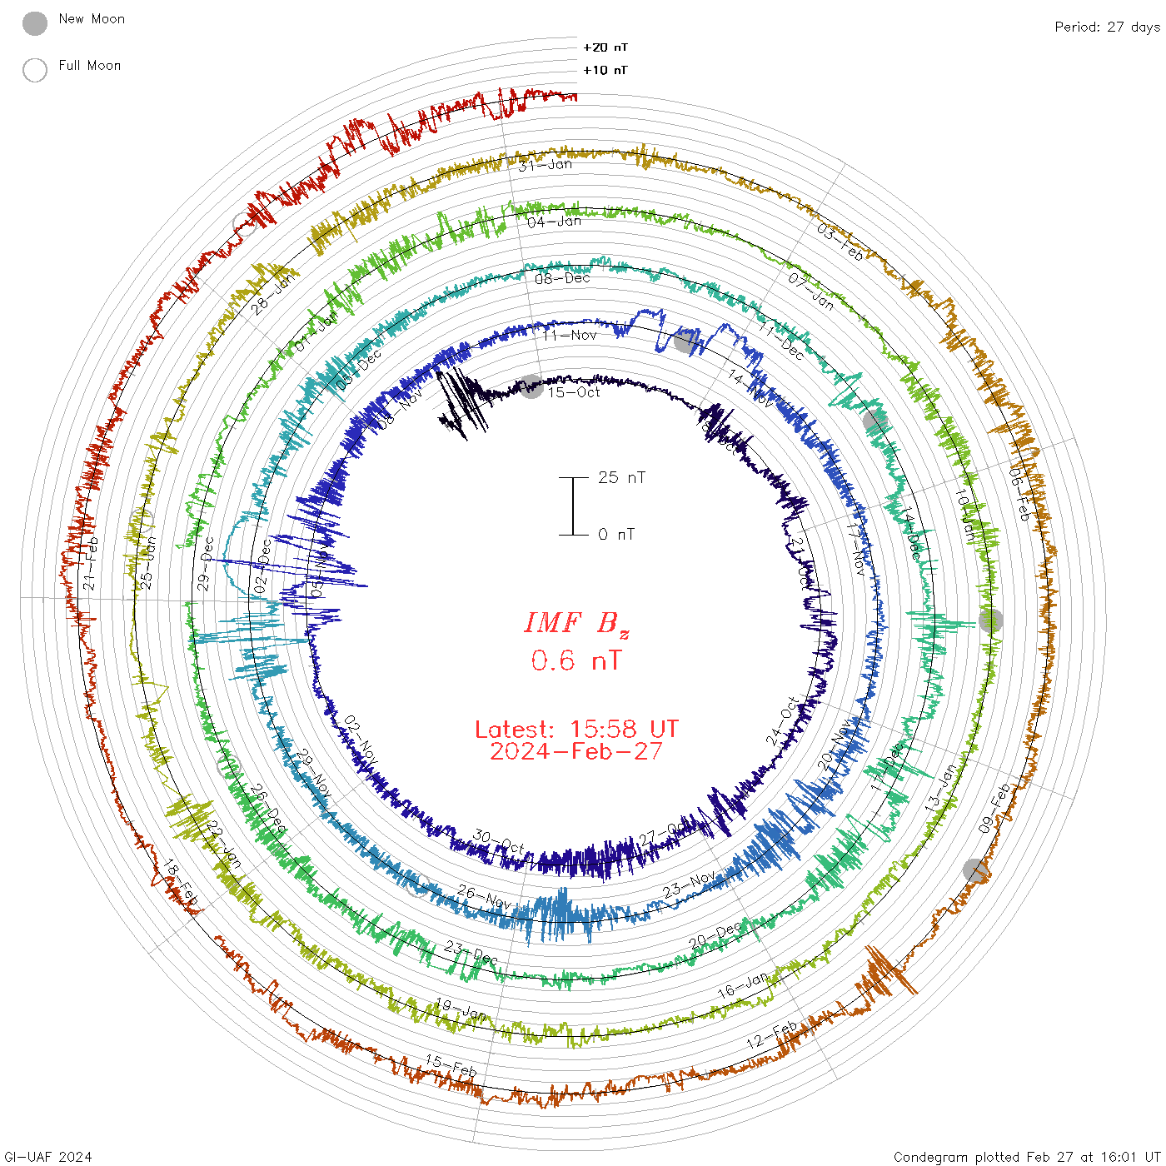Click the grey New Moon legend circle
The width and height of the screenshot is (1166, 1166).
(x=35, y=23)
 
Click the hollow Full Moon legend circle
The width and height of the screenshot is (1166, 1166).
(x=35, y=70)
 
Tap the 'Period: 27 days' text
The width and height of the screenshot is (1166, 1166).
(x=1107, y=27)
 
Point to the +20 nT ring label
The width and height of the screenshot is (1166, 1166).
(x=605, y=47)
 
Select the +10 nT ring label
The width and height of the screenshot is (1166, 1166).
(x=605, y=70)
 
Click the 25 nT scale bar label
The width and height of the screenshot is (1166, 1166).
(x=621, y=477)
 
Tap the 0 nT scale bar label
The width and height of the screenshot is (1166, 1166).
(x=616, y=534)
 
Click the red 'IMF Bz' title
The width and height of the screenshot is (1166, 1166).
(x=576, y=623)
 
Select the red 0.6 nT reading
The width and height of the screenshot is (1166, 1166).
(x=576, y=660)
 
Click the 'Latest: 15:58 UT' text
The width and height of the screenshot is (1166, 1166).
(x=576, y=729)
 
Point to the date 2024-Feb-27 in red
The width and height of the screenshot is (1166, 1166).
(x=576, y=751)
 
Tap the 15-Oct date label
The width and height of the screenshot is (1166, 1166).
(x=574, y=391)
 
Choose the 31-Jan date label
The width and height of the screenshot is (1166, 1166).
(x=546, y=165)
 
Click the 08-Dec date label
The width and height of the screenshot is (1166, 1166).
(x=562, y=278)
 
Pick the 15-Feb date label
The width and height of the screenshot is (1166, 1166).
(x=451, y=1064)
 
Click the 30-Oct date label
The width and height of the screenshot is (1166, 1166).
(x=499, y=841)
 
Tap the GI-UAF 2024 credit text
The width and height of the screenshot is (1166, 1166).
(x=48, y=1157)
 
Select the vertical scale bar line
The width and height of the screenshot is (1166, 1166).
(x=573, y=506)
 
